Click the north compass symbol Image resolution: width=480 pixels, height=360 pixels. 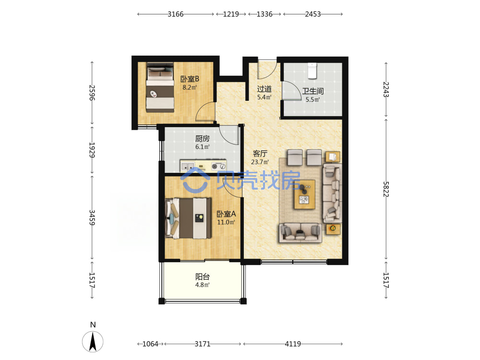[93, 341]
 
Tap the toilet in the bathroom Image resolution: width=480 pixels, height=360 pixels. [312, 71]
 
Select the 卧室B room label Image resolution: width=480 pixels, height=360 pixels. [190, 79]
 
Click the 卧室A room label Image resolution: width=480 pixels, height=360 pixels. [226, 214]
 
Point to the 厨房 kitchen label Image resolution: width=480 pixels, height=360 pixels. [203, 139]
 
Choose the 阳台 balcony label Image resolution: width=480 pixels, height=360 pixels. [203, 277]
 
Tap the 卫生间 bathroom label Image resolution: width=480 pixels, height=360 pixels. [313, 91]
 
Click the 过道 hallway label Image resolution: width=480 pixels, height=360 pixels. [264, 89]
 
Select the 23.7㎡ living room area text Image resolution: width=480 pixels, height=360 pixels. [260, 162]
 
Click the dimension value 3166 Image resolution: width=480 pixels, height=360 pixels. [175, 14]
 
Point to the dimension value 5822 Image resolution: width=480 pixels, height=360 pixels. [386, 189]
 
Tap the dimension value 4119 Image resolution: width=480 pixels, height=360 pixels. [293, 344]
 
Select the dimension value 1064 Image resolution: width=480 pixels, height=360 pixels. [150, 344]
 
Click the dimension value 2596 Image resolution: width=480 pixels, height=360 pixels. [92, 93]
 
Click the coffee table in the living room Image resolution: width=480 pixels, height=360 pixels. [304, 194]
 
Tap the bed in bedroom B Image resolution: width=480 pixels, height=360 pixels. [160, 87]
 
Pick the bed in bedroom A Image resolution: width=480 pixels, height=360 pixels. [188, 218]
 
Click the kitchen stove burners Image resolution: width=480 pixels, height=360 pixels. [218, 166]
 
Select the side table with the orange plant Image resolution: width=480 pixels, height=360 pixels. [333, 228]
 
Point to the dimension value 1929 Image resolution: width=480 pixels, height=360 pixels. [92, 150]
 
